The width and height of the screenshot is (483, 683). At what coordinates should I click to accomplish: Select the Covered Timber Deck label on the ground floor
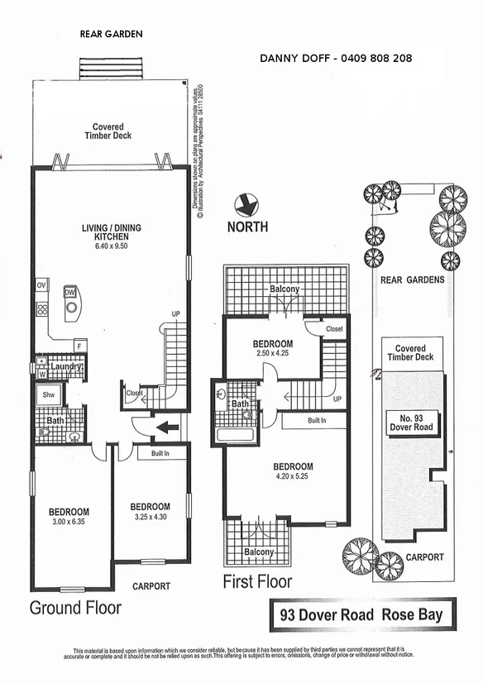tap(108, 131)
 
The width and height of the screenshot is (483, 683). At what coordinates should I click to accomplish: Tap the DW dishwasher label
tap(70, 292)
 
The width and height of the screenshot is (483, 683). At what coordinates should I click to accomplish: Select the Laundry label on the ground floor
tap(62, 367)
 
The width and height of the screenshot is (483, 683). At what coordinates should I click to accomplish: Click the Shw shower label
tap(48, 395)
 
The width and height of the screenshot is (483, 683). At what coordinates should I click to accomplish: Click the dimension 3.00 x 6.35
tap(69, 523)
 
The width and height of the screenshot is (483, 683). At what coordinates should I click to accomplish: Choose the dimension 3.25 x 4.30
tap(150, 517)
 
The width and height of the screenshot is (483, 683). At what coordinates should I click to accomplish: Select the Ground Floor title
tap(75, 608)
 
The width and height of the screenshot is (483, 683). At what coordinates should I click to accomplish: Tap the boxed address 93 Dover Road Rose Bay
tap(361, 614)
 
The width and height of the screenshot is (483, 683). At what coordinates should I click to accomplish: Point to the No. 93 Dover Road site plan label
tap(410, 422)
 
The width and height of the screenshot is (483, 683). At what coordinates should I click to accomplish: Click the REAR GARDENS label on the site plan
tap(412, 279)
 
